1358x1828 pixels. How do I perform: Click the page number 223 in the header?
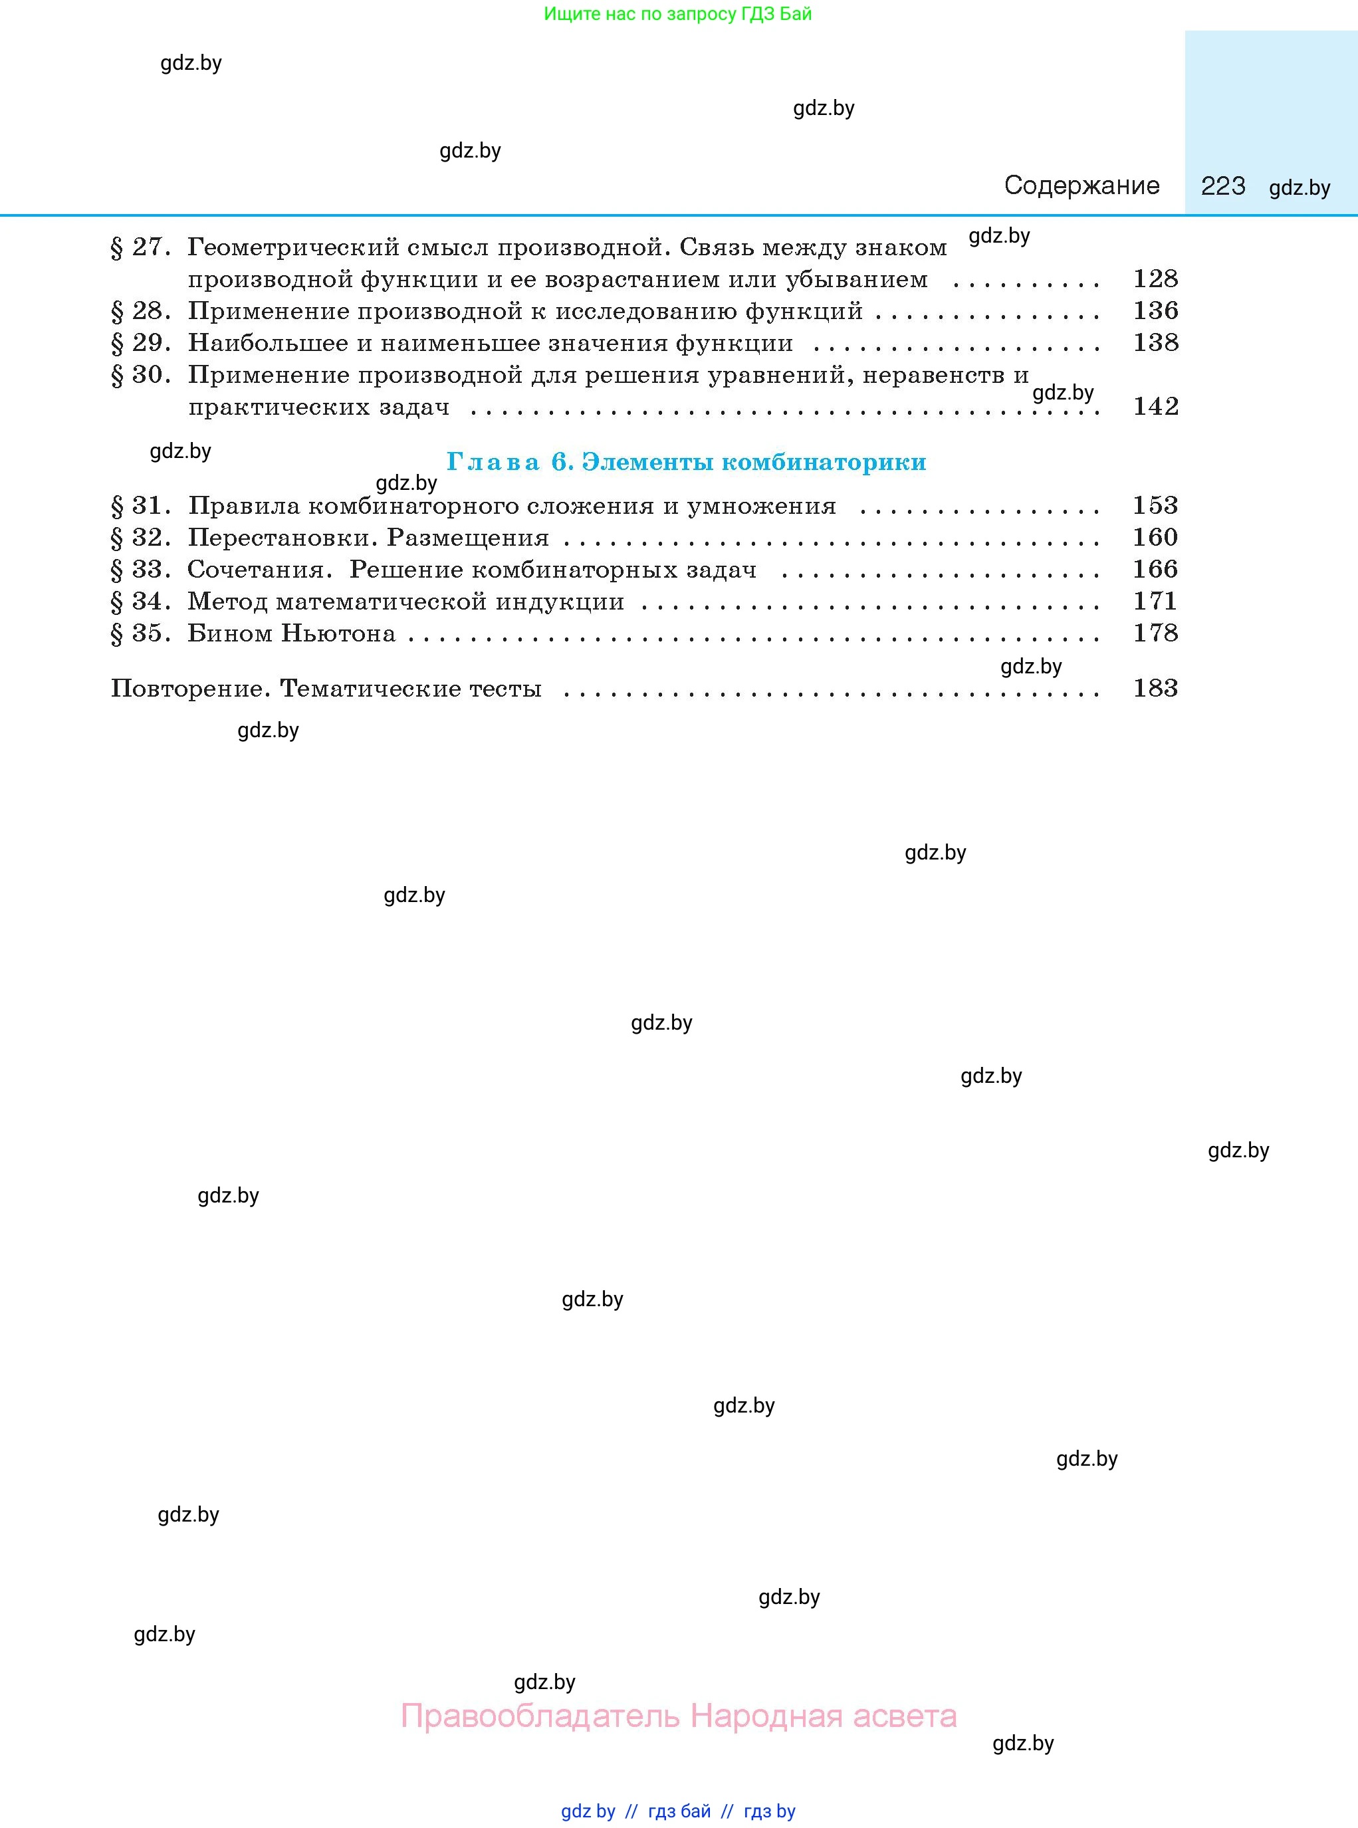click(1222, 185)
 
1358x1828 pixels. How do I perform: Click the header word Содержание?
click(1081, 185)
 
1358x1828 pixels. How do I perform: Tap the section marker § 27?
click(140, 247)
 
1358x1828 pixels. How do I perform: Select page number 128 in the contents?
click(1155, 279)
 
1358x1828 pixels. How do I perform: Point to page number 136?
click(1155, 310)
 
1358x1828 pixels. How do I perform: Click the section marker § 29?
click(140, 343)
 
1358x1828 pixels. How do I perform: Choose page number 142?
click(1155, 406)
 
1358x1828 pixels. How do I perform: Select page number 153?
click(1155, 505)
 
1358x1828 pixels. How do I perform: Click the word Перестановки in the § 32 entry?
click(283, 538)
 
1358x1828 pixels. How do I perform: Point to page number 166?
click(1155, 570)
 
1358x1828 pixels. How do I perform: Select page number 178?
click(1155, 633)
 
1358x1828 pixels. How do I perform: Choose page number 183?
click(1155, 689)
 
